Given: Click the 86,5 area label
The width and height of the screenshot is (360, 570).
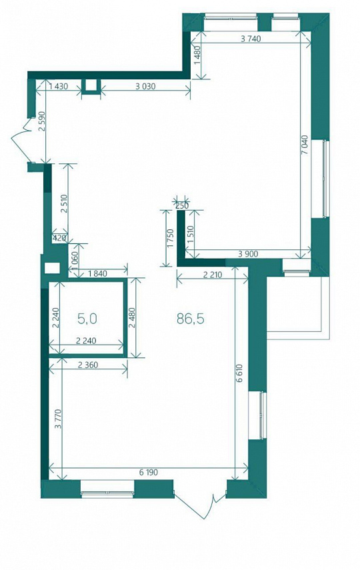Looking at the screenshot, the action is pyautogui.click(x=190, y=319).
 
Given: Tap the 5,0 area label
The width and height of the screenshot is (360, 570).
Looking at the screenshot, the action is pyautogui.click(x=87, y=319).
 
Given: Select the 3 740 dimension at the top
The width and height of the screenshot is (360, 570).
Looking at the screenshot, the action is pyautogui.click(x=251, y=39).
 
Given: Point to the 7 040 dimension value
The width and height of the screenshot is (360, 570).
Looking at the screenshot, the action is pyautogui.click(x=305, y=145).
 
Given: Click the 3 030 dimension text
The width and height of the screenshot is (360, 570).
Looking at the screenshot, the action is pyautogui.click(x=145, y=86).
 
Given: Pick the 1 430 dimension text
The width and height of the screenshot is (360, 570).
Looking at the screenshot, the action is pyautogui.click(x=58, y=86).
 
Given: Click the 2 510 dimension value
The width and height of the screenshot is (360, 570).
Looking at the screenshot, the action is pyautogui.click(x=63, y=205).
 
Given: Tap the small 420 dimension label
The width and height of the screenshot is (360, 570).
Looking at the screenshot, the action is pyautogui.click(x=59, y=239).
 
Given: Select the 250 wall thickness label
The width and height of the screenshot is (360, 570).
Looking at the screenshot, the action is pyautogui.click(x=182, y=206).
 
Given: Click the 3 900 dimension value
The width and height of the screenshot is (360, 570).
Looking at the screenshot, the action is pyautogui.click(x=248, y=254).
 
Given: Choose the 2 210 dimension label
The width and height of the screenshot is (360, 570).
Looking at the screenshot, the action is pyautogui.click(x=213, y=275).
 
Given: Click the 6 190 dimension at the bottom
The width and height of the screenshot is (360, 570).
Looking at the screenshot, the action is pyautogui.click(x=149, y=473).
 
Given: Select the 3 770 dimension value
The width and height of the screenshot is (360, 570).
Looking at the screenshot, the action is pyautogui.click(x=58, y=419).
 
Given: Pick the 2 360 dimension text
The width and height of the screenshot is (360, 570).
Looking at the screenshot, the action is pyautogui.click(x=88, y=365).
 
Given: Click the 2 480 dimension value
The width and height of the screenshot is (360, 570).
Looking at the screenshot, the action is pyautogui.click(x=131, y=318).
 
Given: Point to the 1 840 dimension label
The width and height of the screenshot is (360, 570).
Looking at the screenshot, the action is pyautogui.click(x=97, y=273).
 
